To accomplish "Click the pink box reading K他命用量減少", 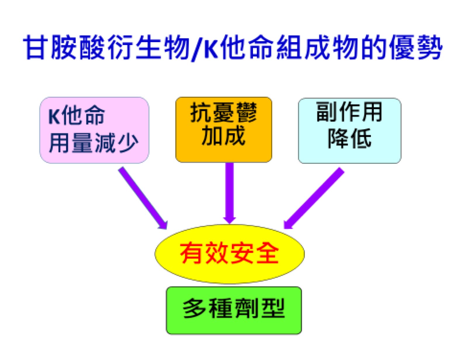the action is coord(94,130).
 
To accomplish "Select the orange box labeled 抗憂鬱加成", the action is coord(224,129).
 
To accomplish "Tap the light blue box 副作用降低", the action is coord(349,131).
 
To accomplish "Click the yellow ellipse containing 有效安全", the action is coord(230,254).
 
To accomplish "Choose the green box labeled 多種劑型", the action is coord(234,310).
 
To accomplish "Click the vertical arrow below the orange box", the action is coord(230,193).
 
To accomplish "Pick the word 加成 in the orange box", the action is coord(223,135).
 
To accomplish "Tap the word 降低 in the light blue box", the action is coord(349,138).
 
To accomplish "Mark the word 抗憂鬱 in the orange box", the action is coord(223,113).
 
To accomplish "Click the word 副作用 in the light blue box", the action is coord(349,112).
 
